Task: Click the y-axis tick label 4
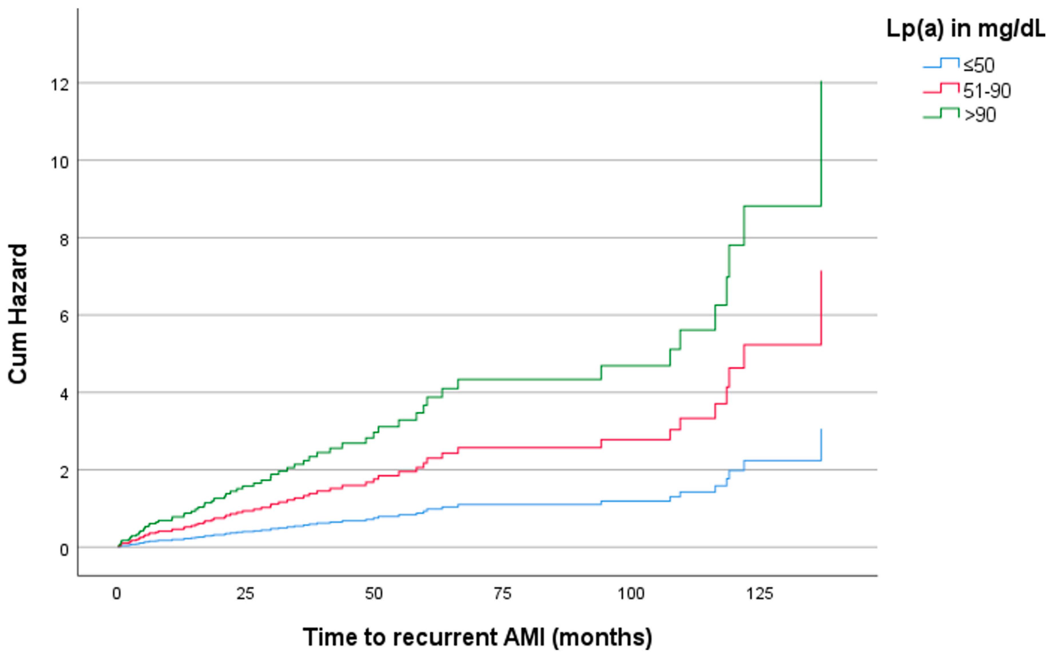point(64,395)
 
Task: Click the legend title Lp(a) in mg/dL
point(965,29)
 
